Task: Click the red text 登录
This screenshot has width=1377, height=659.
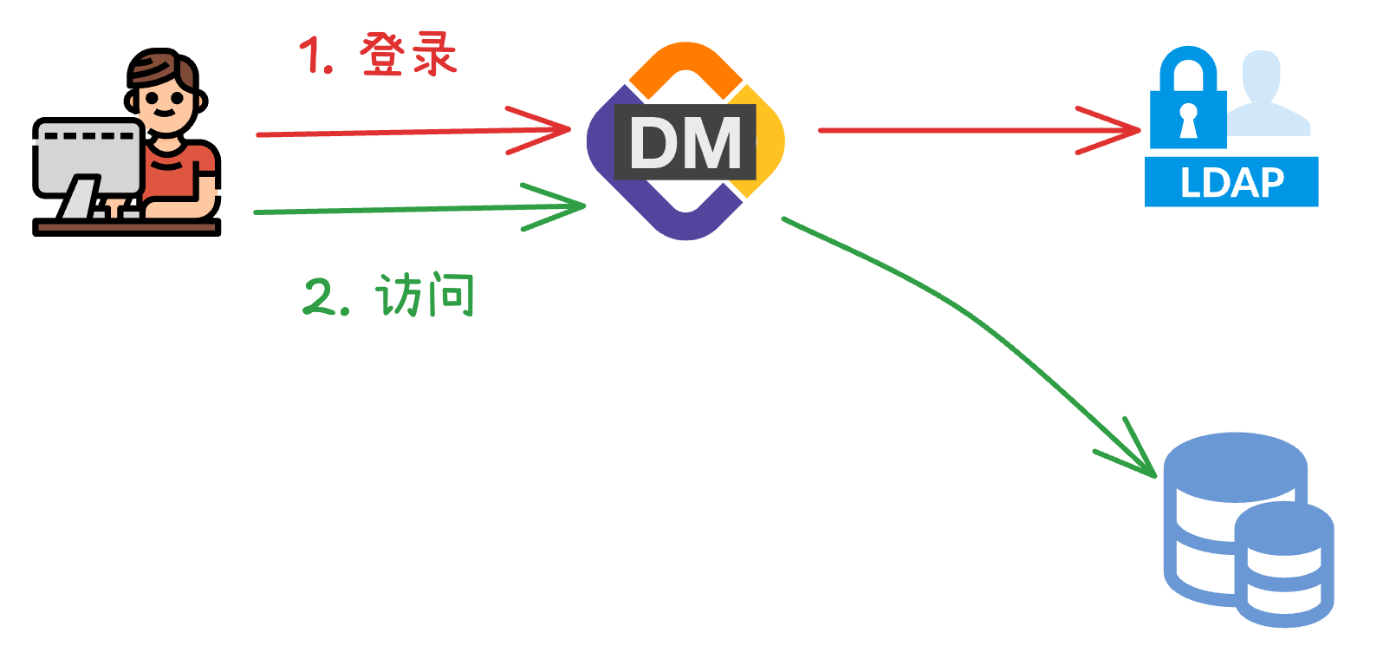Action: point(407,55)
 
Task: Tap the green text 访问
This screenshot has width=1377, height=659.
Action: point(425,297)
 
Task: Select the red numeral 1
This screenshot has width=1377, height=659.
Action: point(314,57)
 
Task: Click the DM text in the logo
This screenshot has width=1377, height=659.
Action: point(685,143)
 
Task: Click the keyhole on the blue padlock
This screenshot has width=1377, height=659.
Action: point(1188,120)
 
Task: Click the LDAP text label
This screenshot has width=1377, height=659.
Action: point(1231,183)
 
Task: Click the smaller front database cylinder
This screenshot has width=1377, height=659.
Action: point(1283,564)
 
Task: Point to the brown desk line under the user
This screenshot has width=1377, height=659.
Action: point(127,227)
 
